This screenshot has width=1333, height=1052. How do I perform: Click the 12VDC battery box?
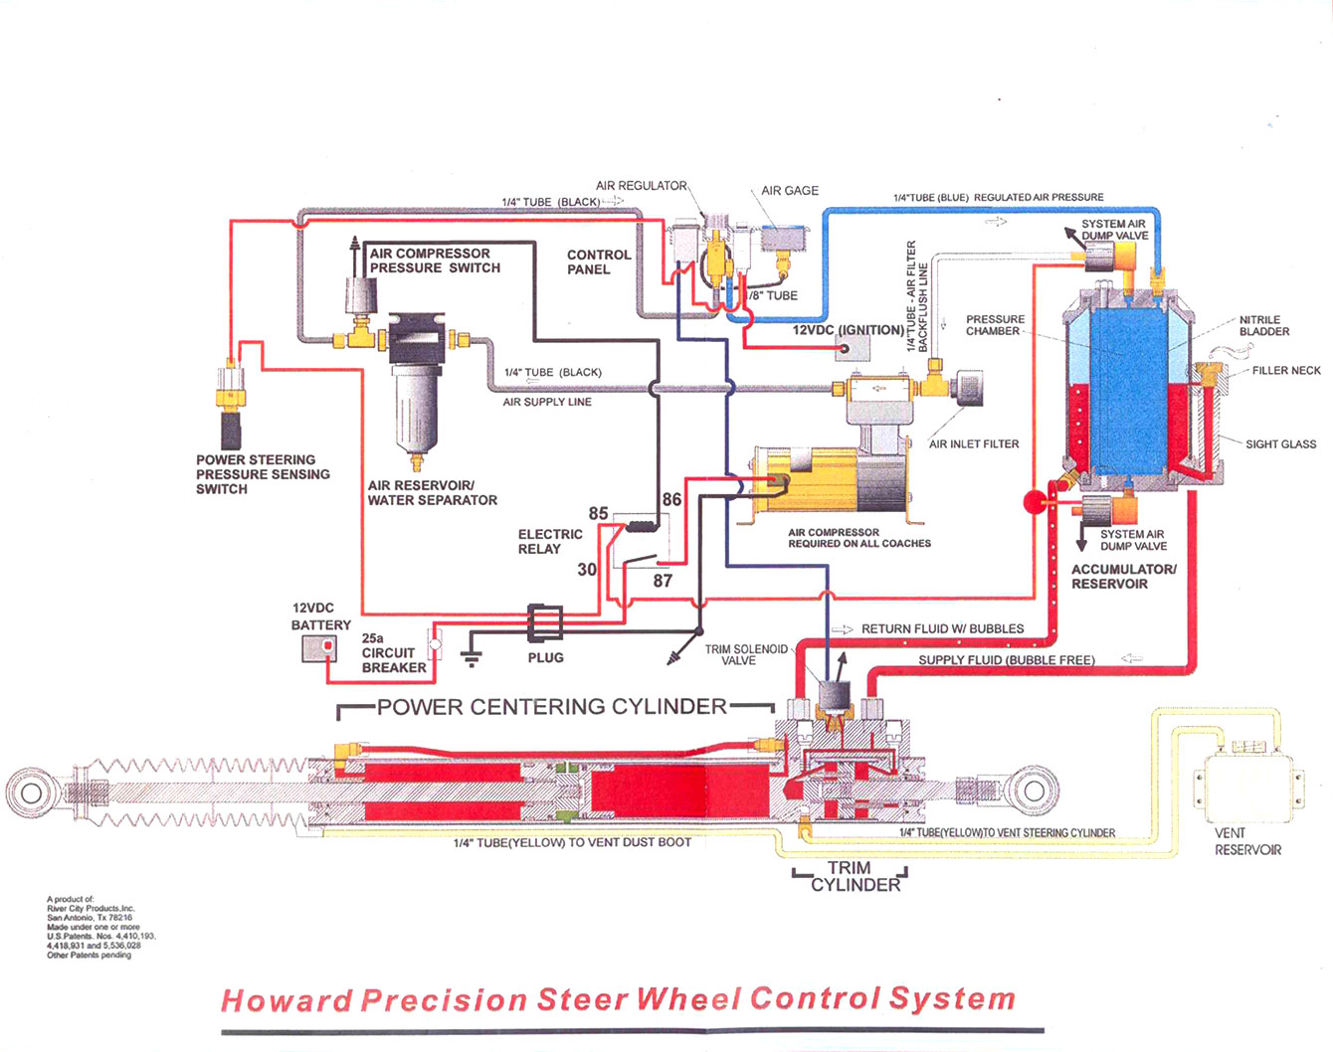tap(320, 648)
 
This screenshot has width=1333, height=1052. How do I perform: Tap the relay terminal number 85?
tap(598, 514)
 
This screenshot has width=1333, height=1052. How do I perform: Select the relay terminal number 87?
tap(663, 581)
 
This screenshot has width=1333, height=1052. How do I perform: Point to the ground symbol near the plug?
tap(472, 656)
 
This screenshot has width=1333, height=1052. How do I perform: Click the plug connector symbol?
tap(544, 622)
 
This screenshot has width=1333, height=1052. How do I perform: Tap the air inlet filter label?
tap(973, 444)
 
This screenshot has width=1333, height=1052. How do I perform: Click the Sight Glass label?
tap(1280, 444)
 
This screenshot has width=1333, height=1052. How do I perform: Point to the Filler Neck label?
tap(1286, 371)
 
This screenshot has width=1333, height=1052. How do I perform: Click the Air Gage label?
tap(790, 191)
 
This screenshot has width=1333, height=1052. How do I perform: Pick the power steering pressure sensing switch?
tap(231, 408)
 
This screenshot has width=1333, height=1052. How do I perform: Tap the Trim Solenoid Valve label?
tap(745, 654)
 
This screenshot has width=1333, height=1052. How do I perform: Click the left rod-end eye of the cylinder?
tap(31, 792)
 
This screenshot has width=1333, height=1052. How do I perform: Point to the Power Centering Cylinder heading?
tap(551, 707)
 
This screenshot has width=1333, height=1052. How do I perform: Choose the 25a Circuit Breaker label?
tap(393, 653)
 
